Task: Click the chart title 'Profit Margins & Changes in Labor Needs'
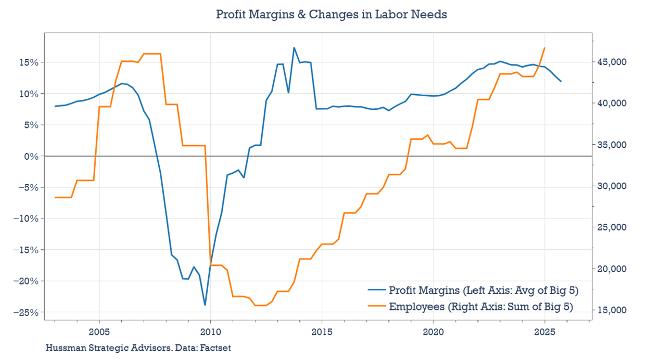[x=332, y=15]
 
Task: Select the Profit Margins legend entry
[x=483, y=290]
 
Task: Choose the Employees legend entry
[x=480, y=307]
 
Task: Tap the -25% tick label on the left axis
[x=25, y=312]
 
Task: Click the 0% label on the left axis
[x=31, y=156]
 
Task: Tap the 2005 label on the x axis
[x=99, y=332]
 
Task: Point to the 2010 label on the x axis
[x=210, y=332]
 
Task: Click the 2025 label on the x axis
[x=544, y=332]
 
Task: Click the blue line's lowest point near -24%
[x=205, y=305]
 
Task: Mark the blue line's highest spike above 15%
[x=294, y=48]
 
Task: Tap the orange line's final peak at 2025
[x=544, y=48]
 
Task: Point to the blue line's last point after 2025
[x=561, y=81]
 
